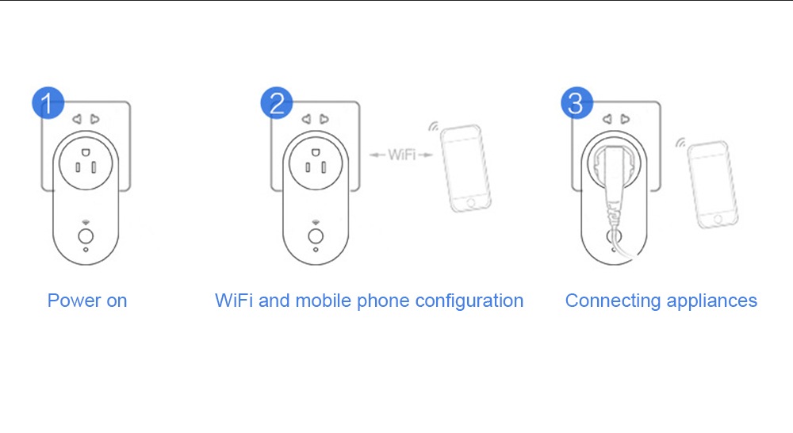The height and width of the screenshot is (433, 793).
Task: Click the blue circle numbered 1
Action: pyautogui.click(x=47, y=103)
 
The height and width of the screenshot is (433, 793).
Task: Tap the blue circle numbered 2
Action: pyautogui.click(x=276, y=103)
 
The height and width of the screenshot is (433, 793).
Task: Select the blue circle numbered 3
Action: pyautogui.click(x=577, y=103)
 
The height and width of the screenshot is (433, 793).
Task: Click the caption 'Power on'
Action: pyautogui.click(x=87, y=301)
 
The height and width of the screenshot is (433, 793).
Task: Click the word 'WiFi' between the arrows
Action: pyautogui.click(x=401, y=155)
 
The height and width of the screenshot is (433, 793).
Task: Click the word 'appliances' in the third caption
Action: pyautogui.click(x=712, y=301)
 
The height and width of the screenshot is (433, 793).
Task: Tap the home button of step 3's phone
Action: pyautogui.click(x=722, y=218)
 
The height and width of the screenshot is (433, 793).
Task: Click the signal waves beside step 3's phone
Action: pyautogui.click(x=680, y=144)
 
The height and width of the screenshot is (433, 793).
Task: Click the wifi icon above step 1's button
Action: pyautogui.click(x=85, y=222)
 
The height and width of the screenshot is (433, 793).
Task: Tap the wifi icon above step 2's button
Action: pyautogui.click(x=315, y=222)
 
